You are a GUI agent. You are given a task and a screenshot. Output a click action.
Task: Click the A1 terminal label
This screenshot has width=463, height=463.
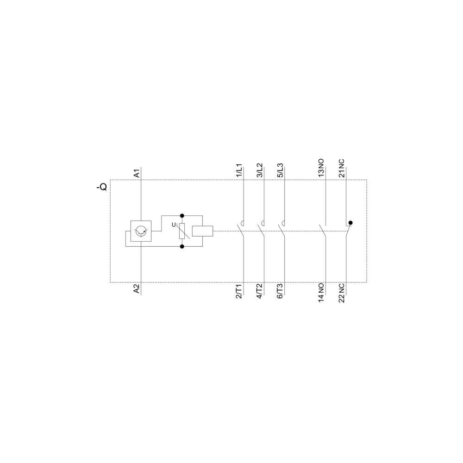pyautogui.click(x=137, y=173)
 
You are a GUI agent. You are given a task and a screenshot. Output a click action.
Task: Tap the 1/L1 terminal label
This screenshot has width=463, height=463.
pyautogui.click(x=239, y=170)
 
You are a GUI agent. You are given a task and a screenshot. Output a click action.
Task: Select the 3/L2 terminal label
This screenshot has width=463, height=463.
pyautogui.click(x=260, y=170)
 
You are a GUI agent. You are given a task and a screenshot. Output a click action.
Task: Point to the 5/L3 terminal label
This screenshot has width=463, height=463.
pyautogui.click(x=280, y=170)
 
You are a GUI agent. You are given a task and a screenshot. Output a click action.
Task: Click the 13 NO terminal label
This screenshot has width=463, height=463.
pyautogui.click(x=321, y=168)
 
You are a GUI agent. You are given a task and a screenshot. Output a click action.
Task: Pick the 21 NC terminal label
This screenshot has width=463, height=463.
pyautogui.click(x=342, y=168)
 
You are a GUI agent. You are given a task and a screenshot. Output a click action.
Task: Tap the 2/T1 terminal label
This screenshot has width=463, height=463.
pyautogui.click(x=239, y=291)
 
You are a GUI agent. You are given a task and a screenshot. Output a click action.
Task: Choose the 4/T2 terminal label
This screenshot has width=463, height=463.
pyautogui.click(x=260, y=291)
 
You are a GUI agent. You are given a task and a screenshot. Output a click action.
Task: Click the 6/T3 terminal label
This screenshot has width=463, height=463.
pyautogui.click(x=280, y=291)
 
